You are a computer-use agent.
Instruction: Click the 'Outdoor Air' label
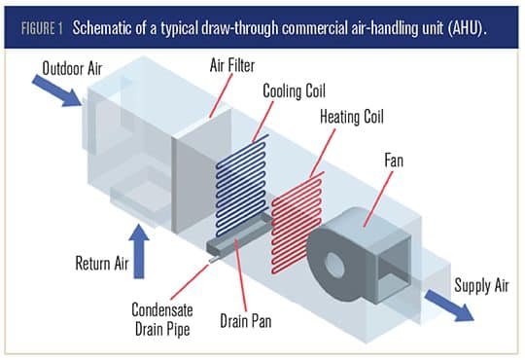pos(72,69)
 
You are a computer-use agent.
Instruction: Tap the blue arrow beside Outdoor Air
pos(57,90)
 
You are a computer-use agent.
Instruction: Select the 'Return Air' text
pos(102,263)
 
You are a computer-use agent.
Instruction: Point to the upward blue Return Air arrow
pos(139,251)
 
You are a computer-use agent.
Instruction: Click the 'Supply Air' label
pos(481,287)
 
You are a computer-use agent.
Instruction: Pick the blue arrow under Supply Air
pos(449,306)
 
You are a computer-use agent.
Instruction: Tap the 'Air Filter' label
pos(232,65)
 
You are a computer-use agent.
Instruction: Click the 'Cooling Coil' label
pos(294,90)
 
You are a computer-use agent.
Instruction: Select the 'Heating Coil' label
pos(352,117)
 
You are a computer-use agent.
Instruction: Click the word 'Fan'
pos(394,161)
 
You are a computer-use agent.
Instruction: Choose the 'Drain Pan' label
pos(246,321)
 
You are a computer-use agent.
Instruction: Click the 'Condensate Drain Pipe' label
pos(162,319)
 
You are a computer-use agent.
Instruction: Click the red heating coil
pos(297,223)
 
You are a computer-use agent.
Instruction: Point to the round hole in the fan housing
pos(334,266)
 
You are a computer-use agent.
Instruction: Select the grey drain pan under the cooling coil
pos(240,234)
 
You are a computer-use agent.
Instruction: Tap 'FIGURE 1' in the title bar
pos(42,28)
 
